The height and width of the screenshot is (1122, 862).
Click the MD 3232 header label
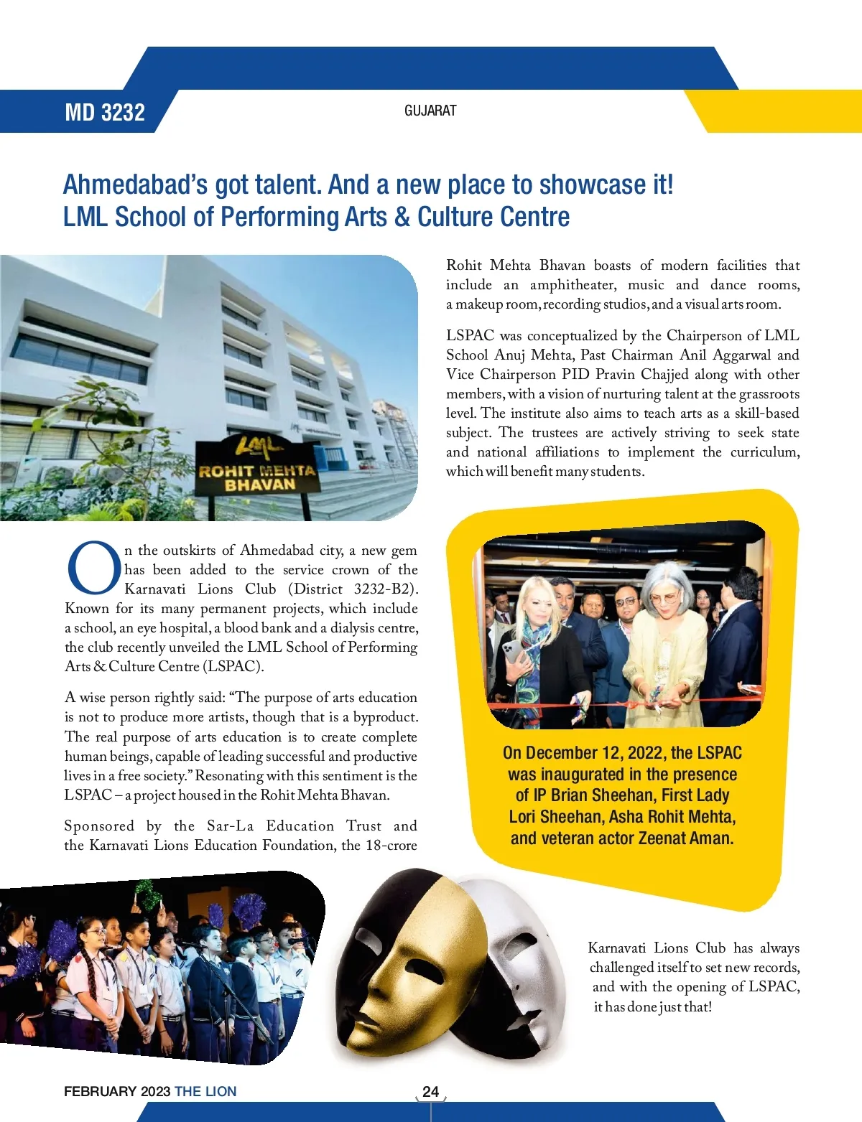point(105,113)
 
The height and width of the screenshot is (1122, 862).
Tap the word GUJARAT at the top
point(430,111)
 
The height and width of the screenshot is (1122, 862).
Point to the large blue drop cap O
point(93,569)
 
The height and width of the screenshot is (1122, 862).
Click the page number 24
point(430,1091)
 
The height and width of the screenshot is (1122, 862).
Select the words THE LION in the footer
point(205,1091)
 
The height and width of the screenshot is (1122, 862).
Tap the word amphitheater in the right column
point(573,285)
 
